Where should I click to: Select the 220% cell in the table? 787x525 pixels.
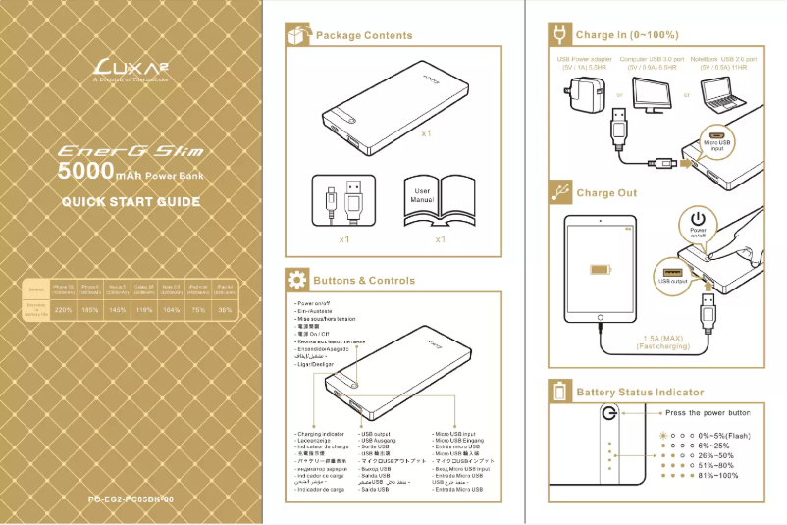(x=64, y=310)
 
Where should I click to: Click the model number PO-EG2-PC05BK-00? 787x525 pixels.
(x=131, y=500)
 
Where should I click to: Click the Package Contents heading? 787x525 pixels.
(x=363, y=35)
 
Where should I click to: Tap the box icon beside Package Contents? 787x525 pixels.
(x=295, y=35)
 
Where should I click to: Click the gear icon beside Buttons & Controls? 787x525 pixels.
(x=295, y=281)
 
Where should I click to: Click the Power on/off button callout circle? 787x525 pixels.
(x=698, y=224)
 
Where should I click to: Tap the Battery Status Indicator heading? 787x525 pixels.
(x=639, y=393)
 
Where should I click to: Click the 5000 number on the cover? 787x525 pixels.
(x=85, y=173)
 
